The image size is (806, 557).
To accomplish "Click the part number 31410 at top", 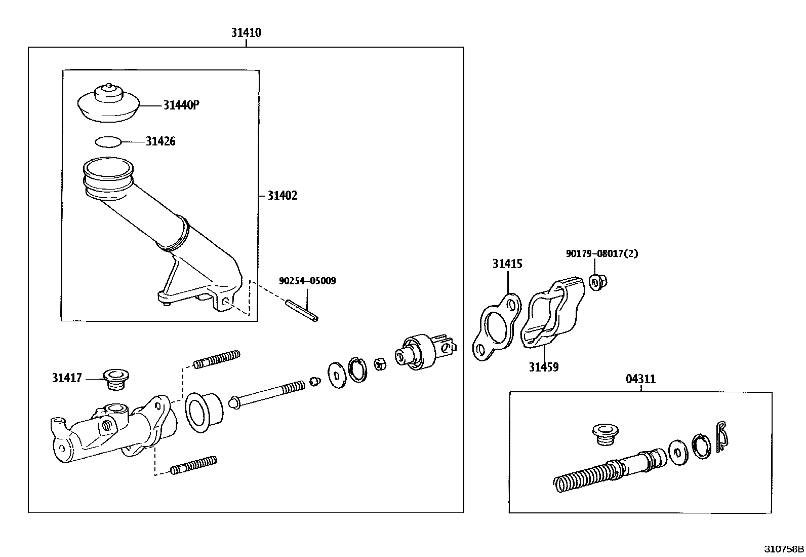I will [x=246, y=33].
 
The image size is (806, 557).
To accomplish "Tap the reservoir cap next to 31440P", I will [x=108, y=103].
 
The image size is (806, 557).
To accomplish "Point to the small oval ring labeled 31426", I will [x=108, y=141].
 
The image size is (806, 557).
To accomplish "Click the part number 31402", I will [x=282, y=196].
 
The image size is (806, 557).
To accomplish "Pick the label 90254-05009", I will [x=307, y=281].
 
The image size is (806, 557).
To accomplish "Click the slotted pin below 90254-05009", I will [x=302, y=311].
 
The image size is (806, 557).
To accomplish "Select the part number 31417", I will [x=66, y=378].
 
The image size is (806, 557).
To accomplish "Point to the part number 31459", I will [x=543, y=367].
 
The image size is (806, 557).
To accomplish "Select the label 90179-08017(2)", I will [x=601, y=253].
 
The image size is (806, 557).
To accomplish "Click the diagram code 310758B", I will [x=784, y=548].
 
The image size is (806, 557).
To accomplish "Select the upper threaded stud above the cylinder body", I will [x=216, y=359].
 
